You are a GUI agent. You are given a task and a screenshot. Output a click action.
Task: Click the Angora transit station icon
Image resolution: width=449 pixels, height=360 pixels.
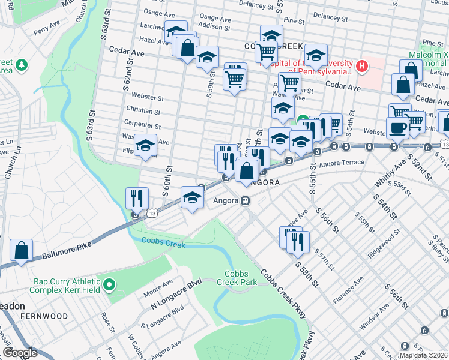[246, 201]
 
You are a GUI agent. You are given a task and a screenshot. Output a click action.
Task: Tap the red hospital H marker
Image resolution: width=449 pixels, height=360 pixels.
[361, 66]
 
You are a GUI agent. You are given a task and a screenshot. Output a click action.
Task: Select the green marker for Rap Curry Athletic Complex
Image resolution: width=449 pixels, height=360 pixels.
[109, 285]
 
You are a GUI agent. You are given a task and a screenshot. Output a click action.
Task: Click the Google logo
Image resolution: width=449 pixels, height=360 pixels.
[20, 353]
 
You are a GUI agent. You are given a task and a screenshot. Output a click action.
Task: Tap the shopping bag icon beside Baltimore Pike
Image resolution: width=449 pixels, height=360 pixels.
[22, 251]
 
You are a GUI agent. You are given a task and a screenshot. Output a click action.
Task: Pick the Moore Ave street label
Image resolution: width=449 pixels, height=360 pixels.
[158, 287]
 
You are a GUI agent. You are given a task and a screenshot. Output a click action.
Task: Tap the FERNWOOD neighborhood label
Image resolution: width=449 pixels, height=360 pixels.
[44, 316]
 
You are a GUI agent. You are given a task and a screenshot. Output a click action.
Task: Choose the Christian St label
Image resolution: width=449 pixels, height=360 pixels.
[143, 111]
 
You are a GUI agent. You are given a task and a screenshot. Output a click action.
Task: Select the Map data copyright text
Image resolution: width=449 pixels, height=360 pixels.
[422, 355]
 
